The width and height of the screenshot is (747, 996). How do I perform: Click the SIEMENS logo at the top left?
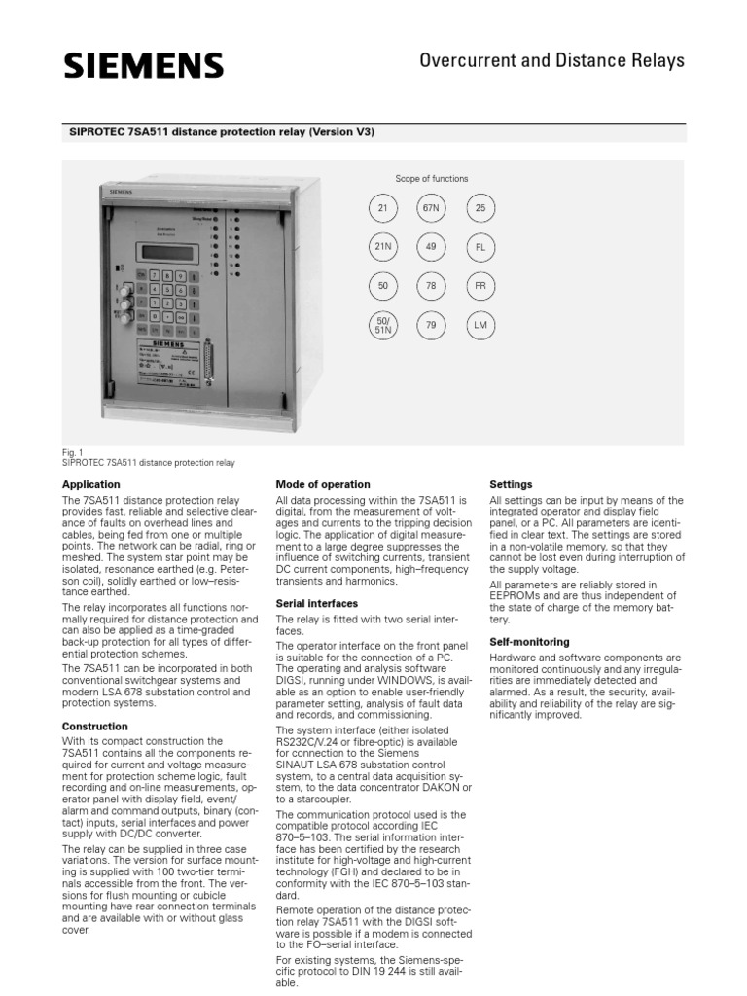[144, 66]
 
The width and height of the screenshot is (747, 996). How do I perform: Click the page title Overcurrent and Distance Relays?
[551, 61]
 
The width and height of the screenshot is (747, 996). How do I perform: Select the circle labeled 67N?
[431, 208]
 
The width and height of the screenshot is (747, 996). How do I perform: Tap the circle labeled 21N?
[382, 247]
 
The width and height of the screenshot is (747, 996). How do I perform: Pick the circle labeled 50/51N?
[382, 326]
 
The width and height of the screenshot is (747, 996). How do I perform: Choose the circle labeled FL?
[480, 247]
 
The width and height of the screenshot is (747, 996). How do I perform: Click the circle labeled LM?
[480, 325]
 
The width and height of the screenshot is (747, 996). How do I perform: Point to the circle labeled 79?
[431, 325]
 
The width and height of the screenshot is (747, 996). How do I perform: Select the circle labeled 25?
[480, 208]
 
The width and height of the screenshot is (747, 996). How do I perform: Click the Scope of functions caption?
[431, 179]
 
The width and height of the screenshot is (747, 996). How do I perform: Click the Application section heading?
[91, 484]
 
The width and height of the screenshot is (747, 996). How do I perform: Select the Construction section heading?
[95, 727]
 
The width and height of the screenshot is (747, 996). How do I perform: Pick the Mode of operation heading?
[323, 484]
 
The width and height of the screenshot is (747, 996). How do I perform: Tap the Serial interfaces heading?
[317, 604]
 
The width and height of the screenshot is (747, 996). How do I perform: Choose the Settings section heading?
[511, 484]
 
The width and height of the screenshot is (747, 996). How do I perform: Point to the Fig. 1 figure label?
[72, 452]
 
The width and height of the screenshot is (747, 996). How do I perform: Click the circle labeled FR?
[480, 286]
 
